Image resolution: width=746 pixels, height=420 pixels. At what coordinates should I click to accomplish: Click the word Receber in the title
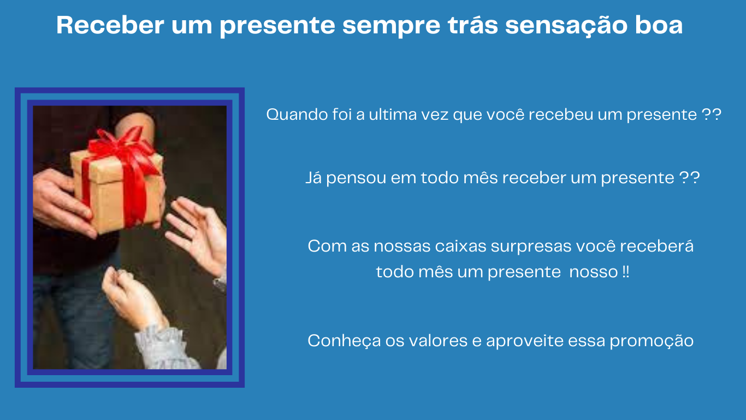[110, 25]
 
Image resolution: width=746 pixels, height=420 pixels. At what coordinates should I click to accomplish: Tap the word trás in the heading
[473, 25]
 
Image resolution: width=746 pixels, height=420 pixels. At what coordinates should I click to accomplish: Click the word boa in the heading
[659, 25]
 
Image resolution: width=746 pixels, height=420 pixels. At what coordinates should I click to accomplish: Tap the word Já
[313, 178]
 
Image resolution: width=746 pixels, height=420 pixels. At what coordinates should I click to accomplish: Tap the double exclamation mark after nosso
[625, 272]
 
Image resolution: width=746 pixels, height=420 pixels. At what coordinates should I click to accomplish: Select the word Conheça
[344, 341]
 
